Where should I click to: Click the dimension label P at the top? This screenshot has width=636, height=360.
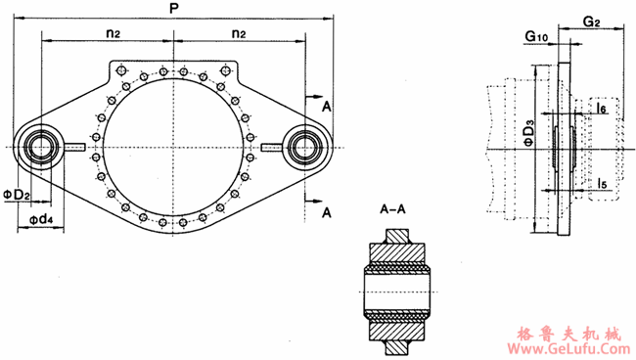(x=174, y=9)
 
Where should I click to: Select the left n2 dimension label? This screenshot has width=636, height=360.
(x=114, y=33)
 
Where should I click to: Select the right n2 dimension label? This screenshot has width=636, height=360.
(x=239, y=33)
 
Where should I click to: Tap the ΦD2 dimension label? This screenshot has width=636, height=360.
(x=17, y=195)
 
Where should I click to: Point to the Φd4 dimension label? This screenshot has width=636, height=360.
(x=40, y=219)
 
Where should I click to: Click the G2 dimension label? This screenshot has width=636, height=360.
(x=591, y=22)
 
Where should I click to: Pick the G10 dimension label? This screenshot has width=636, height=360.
(x=536, y=36)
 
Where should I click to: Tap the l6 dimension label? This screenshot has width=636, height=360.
(x=602, y=108)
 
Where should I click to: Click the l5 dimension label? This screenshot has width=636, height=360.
(x=603, y=183)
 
